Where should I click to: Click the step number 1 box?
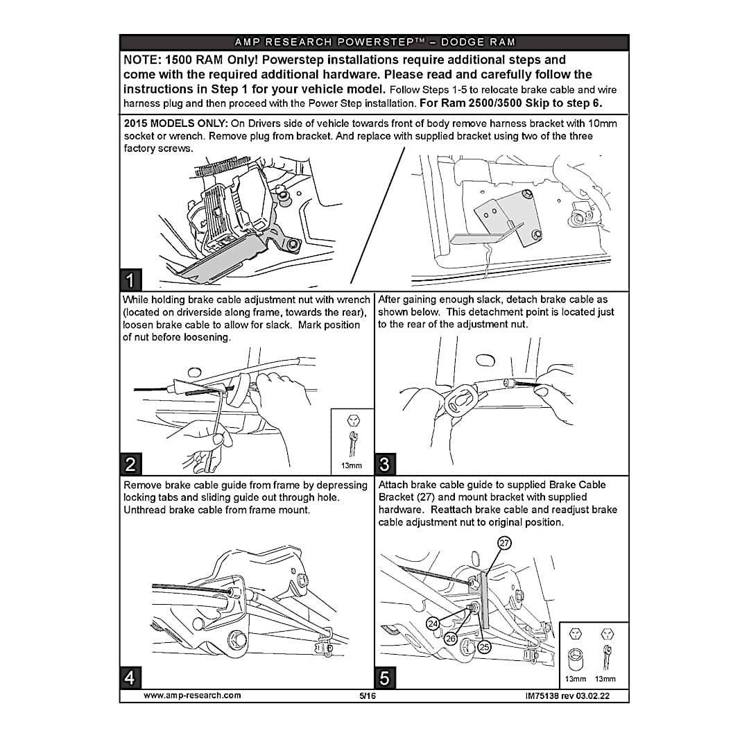coord(130,279)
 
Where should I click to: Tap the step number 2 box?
coord(130,464)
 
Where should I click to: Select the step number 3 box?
coord(385,464)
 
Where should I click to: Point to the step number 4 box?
coord(130,678)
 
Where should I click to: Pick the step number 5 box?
coord(385,678)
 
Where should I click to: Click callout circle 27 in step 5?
coord(504,543)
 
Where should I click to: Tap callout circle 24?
coord(433,624)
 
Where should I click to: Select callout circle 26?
coord(451,638)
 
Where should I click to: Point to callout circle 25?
coord(484,647)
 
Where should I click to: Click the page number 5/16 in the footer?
coord(368,696)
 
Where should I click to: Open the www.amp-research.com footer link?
coord(192,696)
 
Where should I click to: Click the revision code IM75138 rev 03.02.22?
coord(567,696)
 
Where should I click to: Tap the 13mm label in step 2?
coord(351,465)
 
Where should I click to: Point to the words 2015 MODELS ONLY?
coord(175,123)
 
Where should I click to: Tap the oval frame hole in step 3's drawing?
coord(485,360)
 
